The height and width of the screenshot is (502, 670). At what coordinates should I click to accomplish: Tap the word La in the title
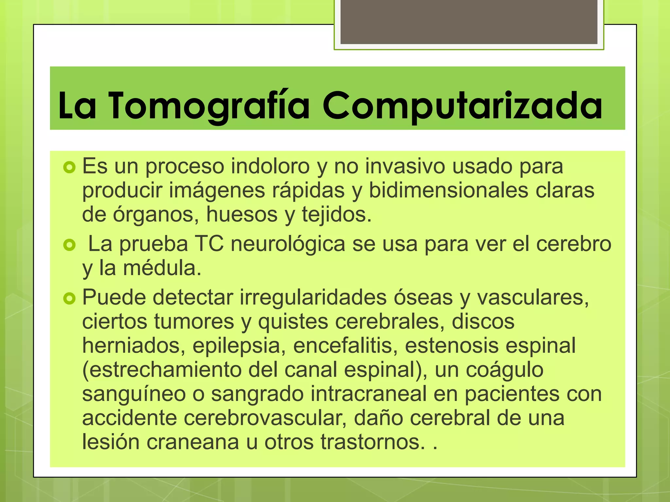click(77, 105)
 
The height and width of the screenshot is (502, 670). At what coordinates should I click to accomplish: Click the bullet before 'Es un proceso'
click(69, 168)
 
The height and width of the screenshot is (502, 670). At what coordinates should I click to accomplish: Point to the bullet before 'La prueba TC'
click(69, 245)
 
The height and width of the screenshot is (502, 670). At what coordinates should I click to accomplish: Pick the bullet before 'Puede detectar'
click(69, 298)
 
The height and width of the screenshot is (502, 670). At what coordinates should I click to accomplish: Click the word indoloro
click(270, 166)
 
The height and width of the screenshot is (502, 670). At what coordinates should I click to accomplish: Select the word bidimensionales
click(448, 190)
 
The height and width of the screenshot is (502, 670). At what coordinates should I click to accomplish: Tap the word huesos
click(242, 214)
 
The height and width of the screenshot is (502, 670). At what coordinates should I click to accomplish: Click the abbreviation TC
click(209, 244)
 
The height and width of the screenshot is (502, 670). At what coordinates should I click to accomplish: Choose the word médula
click(162, 268)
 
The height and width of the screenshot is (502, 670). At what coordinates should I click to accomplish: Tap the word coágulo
click(504, 370)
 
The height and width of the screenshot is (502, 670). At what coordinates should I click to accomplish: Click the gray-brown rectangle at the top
click(469, 22)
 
